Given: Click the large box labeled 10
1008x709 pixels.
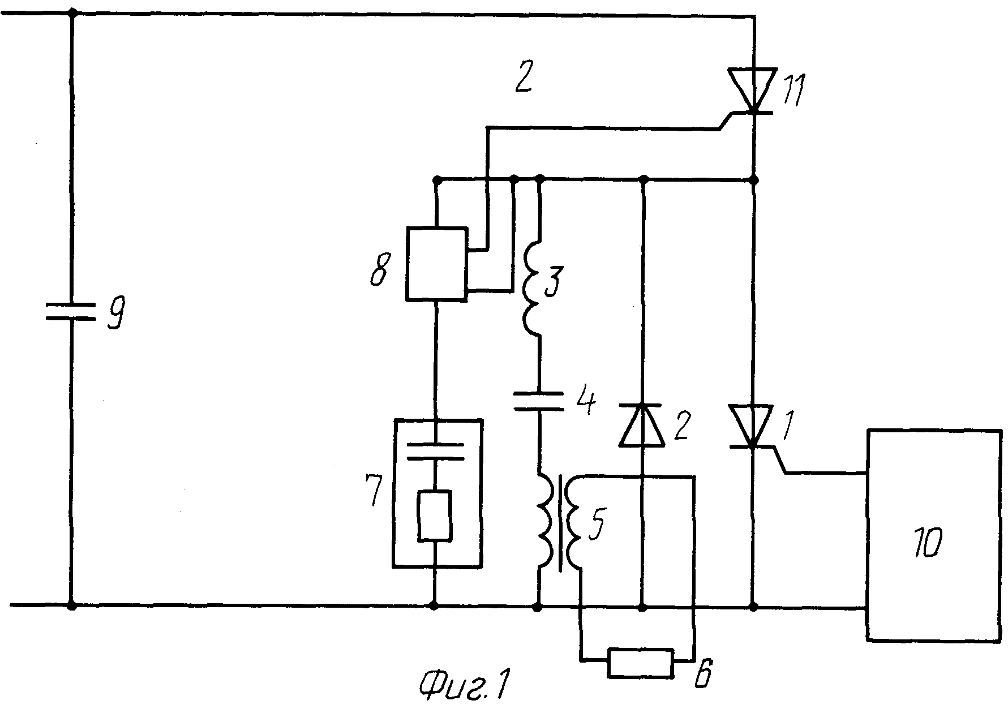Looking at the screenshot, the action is tap(934, 535).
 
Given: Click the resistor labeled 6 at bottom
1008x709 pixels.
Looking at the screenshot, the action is tap(641, 663).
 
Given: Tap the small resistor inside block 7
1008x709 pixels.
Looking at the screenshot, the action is tap(435, 516).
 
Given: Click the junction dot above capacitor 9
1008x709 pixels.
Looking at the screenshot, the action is tap(71, 12).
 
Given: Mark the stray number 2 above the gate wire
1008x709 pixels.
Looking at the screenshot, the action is tap(523, 81).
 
